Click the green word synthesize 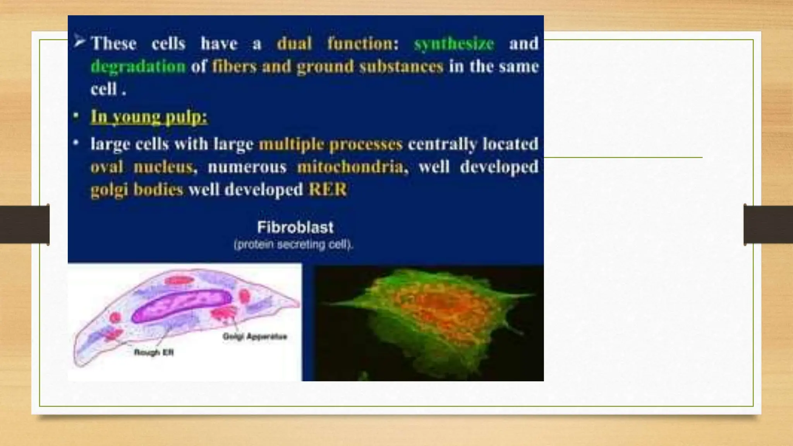pos(454,43)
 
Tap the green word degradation pos(138,67)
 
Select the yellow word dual pos(294,43)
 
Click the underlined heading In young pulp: pos(149,117)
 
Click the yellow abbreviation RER pos(328,190)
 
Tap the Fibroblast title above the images pos(295,227)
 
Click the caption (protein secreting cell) pos(294,245)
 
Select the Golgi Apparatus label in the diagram pos(254,336)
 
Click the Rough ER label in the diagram pos(154,352)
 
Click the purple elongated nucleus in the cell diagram pos(182,306)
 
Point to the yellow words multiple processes pos(331,144)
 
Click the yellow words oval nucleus pos(142,167)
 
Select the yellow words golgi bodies pos(137,190)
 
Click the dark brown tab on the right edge pos(768,225)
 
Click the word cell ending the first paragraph pos(104,89)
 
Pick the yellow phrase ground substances pos(370,67)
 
